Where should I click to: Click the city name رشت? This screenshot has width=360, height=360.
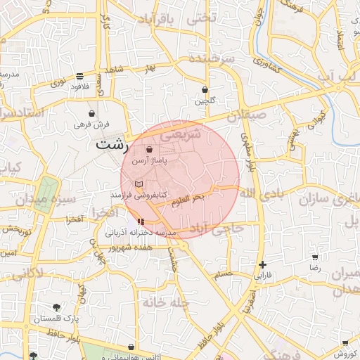coord(112,146)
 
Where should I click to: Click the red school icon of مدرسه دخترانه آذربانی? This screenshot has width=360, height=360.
coord(131,222)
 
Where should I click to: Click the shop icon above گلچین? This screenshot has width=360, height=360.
coord(205,90)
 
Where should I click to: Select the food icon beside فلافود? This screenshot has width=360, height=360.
coord(79,76)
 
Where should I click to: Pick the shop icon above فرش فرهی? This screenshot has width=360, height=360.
coord(91,113)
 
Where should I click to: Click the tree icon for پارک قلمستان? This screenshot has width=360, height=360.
coord(57,307)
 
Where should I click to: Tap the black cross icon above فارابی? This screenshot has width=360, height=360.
coord(262,265)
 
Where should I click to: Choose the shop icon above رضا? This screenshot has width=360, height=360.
coord(314,257)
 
